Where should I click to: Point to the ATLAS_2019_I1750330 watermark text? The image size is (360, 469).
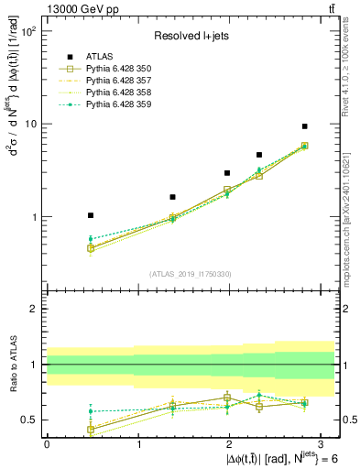pos(190,273)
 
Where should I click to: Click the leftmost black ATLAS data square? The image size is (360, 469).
pos(91,215)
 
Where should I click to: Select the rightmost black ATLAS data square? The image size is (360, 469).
pos(304,126)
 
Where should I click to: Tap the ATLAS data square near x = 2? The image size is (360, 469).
pos(227,172)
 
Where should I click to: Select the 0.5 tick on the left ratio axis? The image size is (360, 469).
pos(27,420)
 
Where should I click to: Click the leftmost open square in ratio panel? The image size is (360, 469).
pos(91,429)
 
